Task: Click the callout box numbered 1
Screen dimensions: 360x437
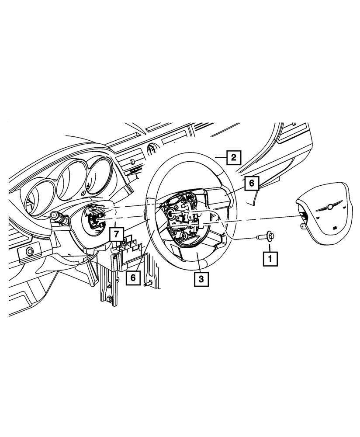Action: tap(270, 259)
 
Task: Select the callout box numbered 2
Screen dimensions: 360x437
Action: tap(233, 158)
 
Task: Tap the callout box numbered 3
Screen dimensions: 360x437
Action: tap(201, 279)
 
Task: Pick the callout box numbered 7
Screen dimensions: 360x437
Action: tap(116, 234)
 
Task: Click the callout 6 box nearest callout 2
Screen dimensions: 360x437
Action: tap(252, 183)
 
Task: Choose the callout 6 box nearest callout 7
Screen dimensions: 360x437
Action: tap(133, 277)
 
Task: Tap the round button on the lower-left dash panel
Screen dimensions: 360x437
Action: tap(29, 252)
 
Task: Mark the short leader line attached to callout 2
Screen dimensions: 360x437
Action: tap(221, 158)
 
